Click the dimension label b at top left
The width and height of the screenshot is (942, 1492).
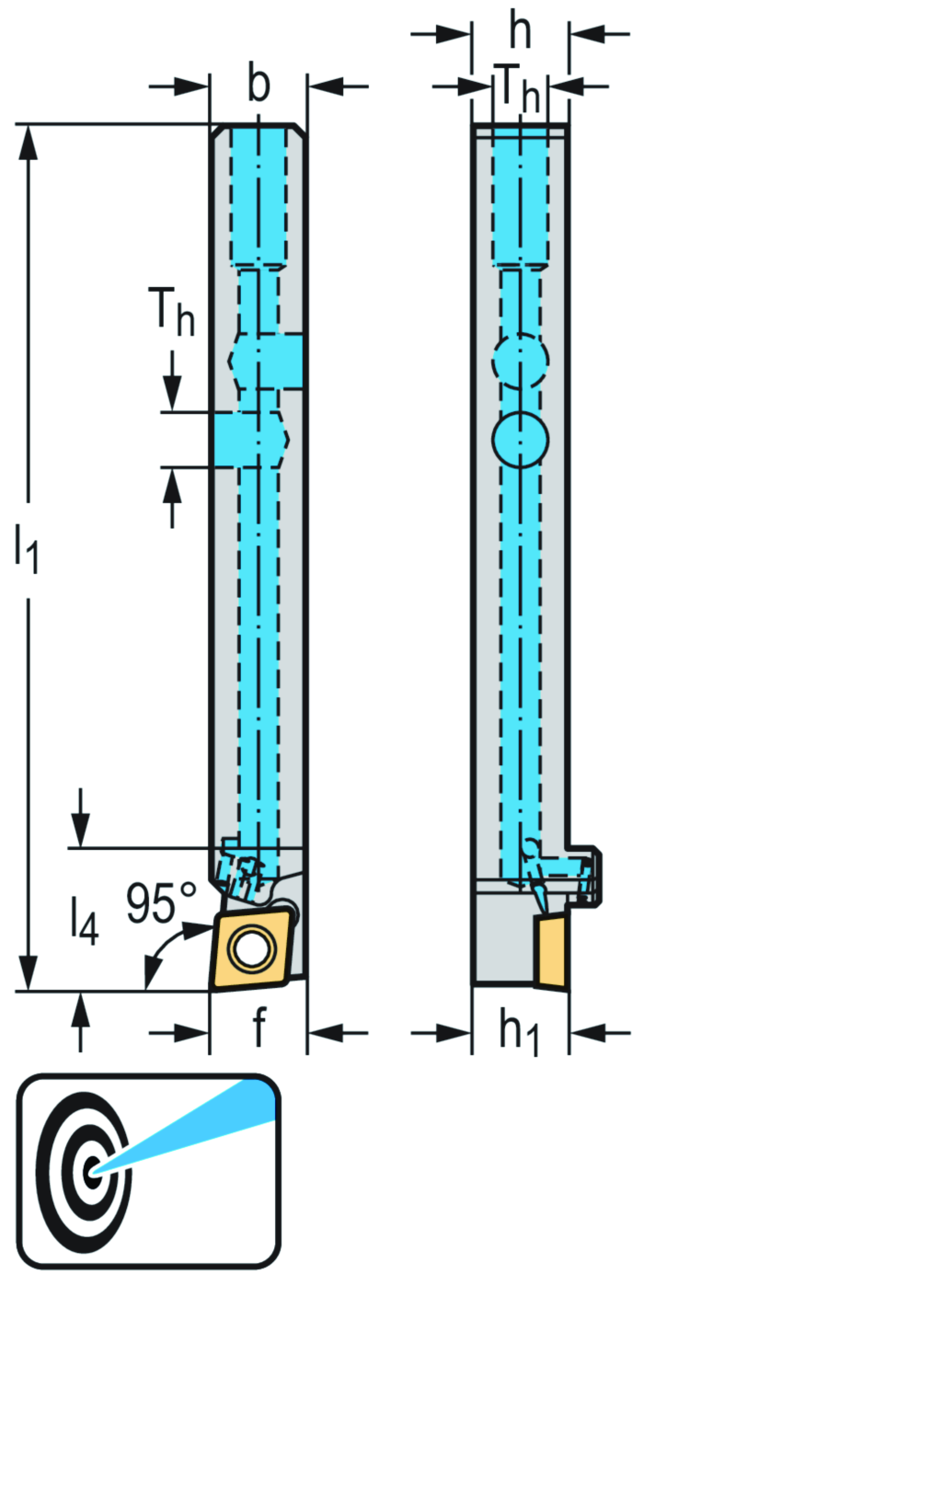click(x=258, y=85)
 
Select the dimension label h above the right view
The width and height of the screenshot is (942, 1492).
click(x=520, y=31)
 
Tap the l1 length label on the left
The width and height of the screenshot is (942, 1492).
click(x=27, y=548)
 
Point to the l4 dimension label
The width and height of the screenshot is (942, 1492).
click(x=83, y=920)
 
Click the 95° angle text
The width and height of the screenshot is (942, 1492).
click(x=161, y=903)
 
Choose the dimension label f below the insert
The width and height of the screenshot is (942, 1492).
click(x=259, y=1027)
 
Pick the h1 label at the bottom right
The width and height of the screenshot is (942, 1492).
click(x=519, y=1031)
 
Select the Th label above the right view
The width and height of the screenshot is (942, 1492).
click(x=518, y=88)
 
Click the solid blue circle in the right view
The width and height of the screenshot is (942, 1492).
click(x=520, y=439)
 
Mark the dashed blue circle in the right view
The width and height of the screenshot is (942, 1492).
click(x=520, y=361)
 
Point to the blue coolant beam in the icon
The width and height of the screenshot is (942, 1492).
click(x=202, y=1125)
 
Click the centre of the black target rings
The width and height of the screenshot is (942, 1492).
click(x=89, y=1172)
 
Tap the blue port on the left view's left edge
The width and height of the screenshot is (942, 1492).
click(x=241, y=440)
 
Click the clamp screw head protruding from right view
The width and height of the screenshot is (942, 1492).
click(x=593, y=877)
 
